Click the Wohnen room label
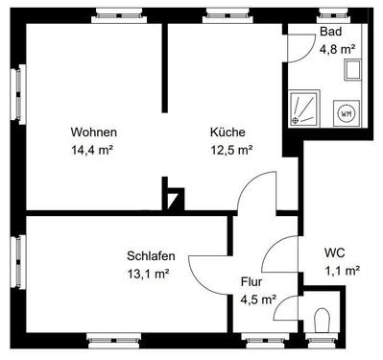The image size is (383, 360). (94, 132)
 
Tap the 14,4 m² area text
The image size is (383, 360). (94, 150)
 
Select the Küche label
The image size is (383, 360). (228, 132)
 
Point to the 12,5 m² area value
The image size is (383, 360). (231, 150)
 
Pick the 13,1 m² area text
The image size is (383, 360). (149, 274)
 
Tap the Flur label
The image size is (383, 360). (251, 282)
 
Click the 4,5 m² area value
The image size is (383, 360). (258, 299)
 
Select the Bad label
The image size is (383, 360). (330, 33)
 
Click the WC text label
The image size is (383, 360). (335, 253)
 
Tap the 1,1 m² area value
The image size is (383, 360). (341, 271)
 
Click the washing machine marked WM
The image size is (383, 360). (346, 113)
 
